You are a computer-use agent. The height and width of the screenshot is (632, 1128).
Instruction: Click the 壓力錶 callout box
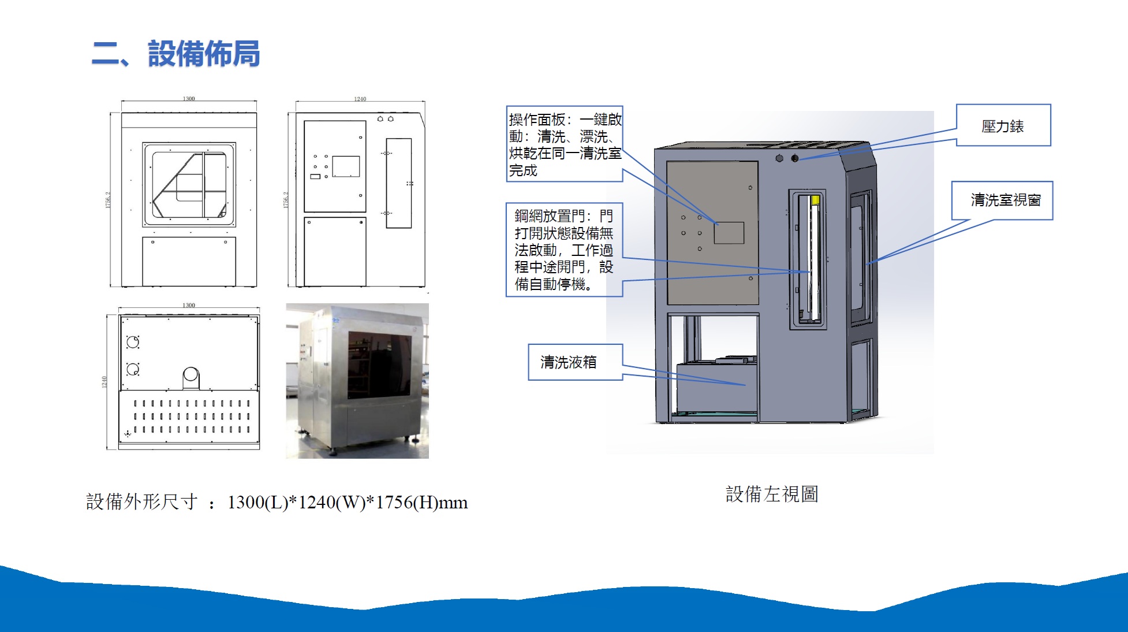(x=1003, y=126)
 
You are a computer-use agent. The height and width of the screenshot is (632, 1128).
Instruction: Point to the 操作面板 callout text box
(x=565, y=144)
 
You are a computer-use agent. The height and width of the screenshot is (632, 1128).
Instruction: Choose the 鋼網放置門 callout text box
(x=564, y=250)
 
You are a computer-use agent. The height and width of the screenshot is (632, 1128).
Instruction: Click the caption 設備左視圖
(x=772, y=494)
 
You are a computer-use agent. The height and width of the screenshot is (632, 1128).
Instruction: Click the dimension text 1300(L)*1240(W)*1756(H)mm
(x=348, y=502)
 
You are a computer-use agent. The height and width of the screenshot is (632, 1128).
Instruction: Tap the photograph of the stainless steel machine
(x=357, y=381)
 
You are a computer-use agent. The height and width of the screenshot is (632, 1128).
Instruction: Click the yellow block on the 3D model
(x=815, y=200)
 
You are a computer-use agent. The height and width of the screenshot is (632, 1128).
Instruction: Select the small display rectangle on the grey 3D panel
(x=729, y=233)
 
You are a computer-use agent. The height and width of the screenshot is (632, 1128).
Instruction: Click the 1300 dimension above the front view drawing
(x=189, y=99)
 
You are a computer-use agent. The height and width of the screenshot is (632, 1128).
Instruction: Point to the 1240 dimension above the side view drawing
(x=360, y=99)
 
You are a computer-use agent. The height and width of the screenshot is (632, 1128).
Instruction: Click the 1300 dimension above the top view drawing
(x=189, y=305)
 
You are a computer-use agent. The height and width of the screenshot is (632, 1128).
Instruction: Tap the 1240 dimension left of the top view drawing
(x=104, y=381)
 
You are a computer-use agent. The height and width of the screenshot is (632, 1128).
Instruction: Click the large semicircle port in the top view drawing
(x=191, y=377)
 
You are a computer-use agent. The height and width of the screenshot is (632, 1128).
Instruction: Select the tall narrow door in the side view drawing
(x=399, y=183)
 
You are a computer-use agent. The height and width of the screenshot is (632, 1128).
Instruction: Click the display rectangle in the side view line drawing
(x=346, y=166)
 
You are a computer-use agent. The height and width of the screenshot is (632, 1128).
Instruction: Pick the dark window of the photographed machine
(x=379, y=365)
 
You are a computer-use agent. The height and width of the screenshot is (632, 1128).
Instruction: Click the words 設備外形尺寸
(x=142, y=501)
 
